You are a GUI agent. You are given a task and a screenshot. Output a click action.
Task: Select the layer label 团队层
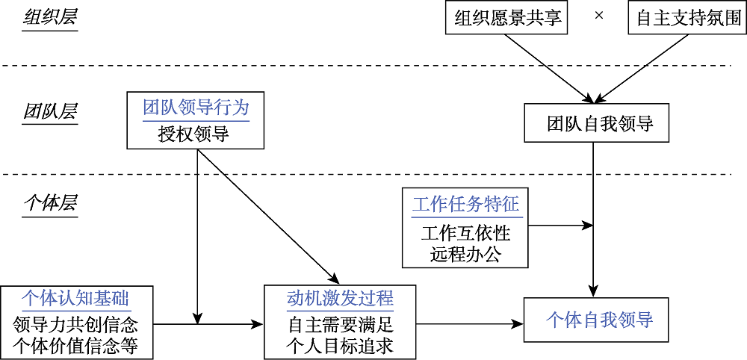coord(50,112)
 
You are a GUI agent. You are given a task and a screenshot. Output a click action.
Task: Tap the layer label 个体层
coord(50,203)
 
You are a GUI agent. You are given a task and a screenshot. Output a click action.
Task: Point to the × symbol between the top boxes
coord(598,16)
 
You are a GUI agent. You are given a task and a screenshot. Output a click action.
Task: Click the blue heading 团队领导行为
coord(196,107)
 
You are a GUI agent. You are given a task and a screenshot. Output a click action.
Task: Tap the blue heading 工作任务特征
coord(465,203)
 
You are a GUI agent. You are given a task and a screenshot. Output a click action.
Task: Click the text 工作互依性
coord(465,232)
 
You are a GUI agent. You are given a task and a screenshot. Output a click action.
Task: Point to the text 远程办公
coord(465,254)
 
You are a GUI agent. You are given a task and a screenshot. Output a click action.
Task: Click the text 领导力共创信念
coord(78,326)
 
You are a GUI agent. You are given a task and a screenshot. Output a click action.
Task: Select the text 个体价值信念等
coord(78,346)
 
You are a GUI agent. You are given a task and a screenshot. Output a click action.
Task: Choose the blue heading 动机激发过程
coord(340,299)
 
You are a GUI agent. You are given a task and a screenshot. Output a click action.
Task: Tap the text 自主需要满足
coord(340,326)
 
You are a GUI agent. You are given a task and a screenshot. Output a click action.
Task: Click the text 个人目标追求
coord(340,346)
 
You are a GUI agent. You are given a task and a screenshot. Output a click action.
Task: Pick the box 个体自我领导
coord(599,320)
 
